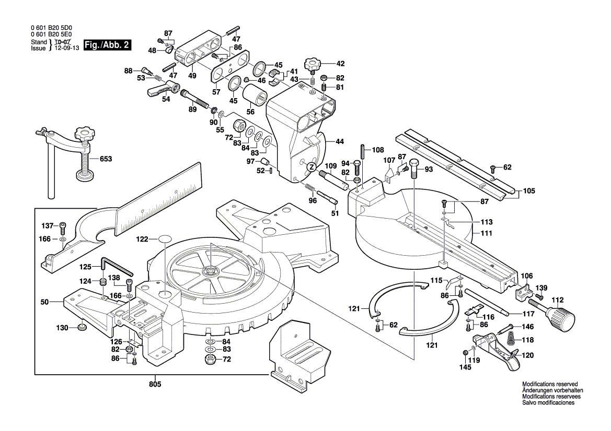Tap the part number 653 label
pos(105,159)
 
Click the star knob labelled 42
pos(313,66)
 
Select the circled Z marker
pos(310,167)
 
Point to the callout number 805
pos(155,385)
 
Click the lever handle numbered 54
pos(160,89)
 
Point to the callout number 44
pos(340,141)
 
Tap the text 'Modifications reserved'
pos(550,384)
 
